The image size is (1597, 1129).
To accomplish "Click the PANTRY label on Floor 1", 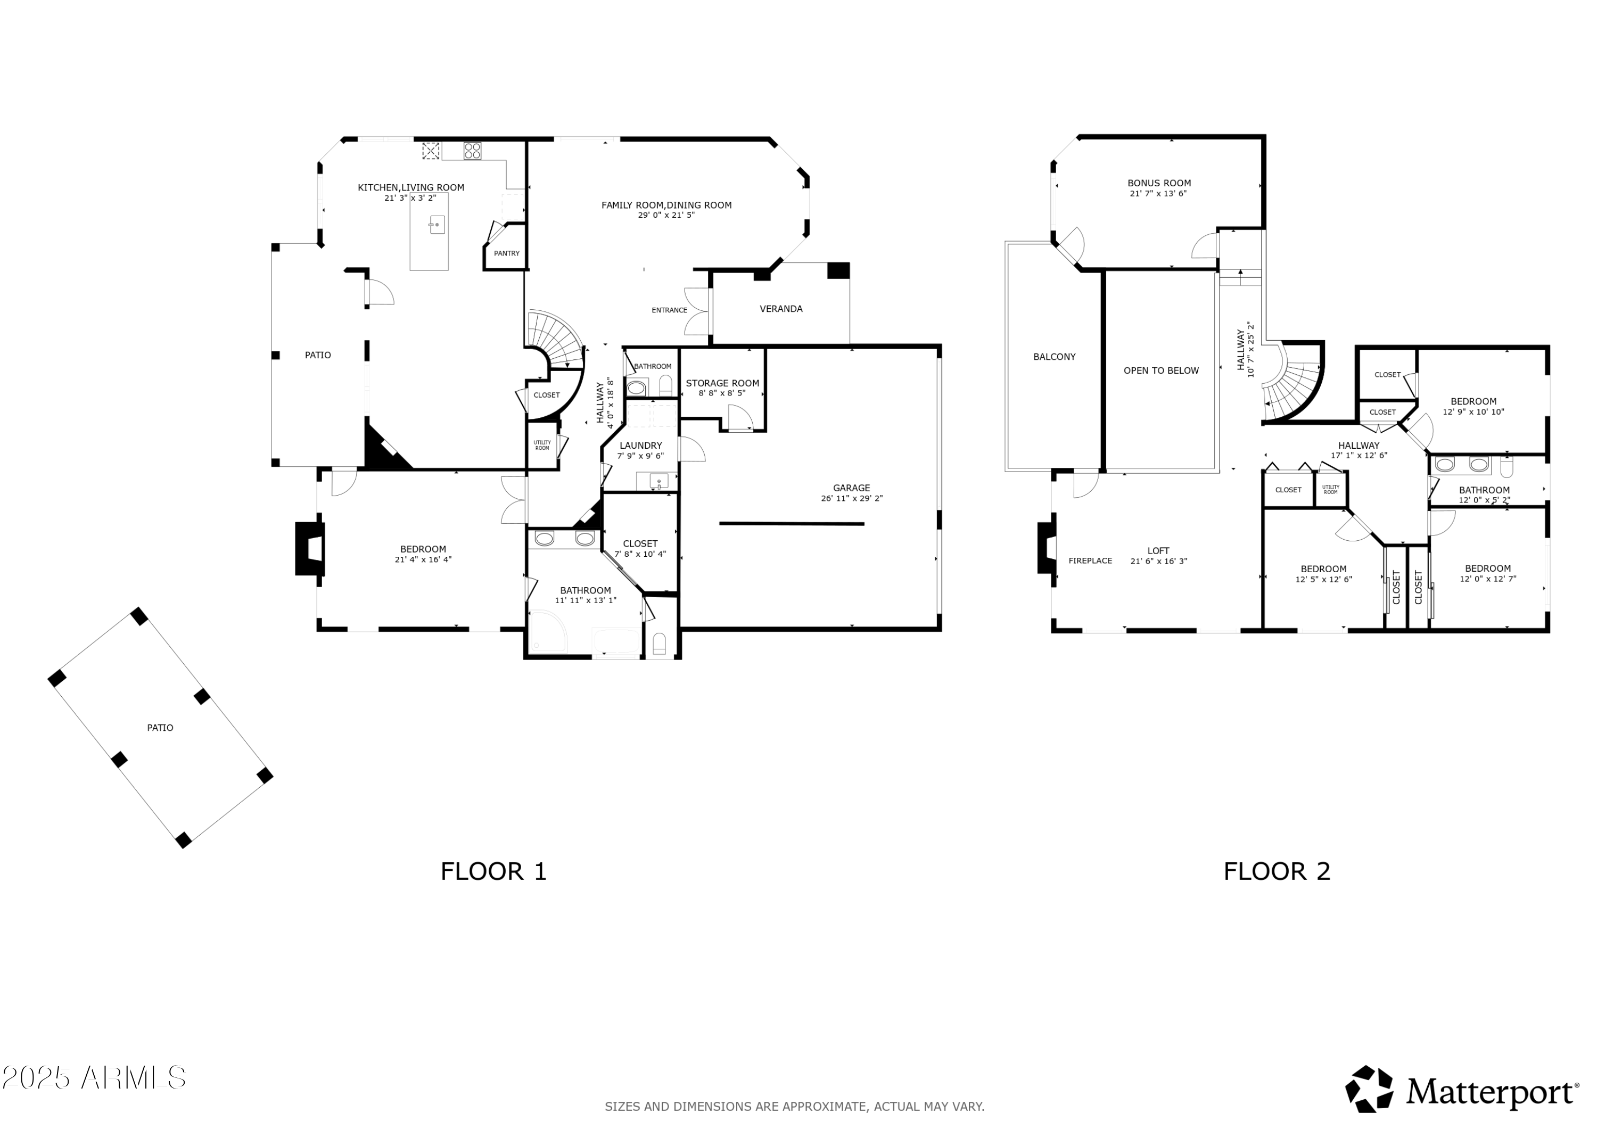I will (506, 253).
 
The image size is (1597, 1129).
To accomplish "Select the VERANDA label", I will (780, 309).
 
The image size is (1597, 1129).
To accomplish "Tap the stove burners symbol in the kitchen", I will (472, 150).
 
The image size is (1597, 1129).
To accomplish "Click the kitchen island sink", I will (437, 225).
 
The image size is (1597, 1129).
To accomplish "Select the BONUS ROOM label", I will (1159, 184).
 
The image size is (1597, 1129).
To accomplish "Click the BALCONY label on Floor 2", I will (1054, 357).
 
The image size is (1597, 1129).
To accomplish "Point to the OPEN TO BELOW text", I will (1161, 371).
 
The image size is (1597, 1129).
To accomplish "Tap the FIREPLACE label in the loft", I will (1090, 561).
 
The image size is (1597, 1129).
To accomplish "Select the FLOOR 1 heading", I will (493, 871).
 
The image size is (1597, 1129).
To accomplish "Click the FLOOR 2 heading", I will (1277, 871).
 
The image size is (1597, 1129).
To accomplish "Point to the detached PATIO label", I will (160, 728).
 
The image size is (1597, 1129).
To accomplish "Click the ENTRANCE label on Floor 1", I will (669, 310).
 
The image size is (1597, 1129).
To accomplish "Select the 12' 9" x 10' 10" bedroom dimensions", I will (1473, 412).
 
